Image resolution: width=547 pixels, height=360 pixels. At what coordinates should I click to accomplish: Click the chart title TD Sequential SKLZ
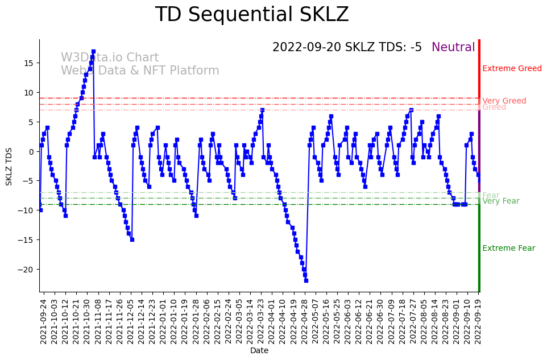click(x=252, y=15)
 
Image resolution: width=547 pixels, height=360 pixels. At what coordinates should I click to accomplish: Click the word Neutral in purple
click(x=453, y=48)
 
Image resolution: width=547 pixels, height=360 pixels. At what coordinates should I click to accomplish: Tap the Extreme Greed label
click(x=512, y=69)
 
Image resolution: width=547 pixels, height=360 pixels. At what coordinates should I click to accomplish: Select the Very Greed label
click(x=504, y=101)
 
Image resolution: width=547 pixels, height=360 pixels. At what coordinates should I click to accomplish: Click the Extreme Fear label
click(x=508, y=249)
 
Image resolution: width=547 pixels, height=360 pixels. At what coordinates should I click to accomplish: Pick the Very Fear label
click(x=500, y=201)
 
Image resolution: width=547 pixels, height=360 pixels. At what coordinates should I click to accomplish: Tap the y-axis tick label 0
click(x=32, y=152)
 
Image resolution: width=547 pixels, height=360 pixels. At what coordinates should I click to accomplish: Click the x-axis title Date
click(x=259, y=351)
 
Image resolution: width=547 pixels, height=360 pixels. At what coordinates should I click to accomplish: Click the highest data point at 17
click(x=93, y=52)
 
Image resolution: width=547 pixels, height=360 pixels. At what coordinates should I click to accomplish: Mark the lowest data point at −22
click(x=306, y=280)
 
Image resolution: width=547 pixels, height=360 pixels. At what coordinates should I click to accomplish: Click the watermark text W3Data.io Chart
click(x=110, y=58)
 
